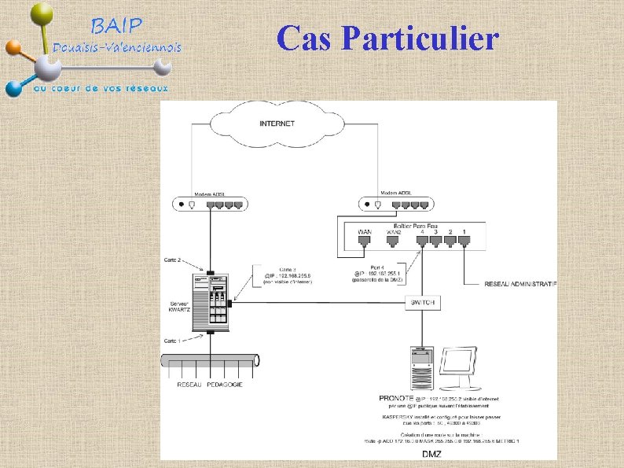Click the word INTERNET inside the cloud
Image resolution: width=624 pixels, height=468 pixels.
click(x=277, y=123)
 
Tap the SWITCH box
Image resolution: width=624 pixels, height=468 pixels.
click(x=423, y=303)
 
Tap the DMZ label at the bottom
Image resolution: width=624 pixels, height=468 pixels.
click(x=430, y=454)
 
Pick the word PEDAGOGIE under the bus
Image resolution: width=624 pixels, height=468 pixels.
click(x=226, y=385)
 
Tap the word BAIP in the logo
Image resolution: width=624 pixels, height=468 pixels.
click(x=117, y=26)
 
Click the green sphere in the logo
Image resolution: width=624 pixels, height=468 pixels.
click(x=42, y=13)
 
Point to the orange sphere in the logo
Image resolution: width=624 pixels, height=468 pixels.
click(x=13, y=48)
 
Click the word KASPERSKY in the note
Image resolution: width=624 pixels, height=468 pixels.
click(x=402, y=415)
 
